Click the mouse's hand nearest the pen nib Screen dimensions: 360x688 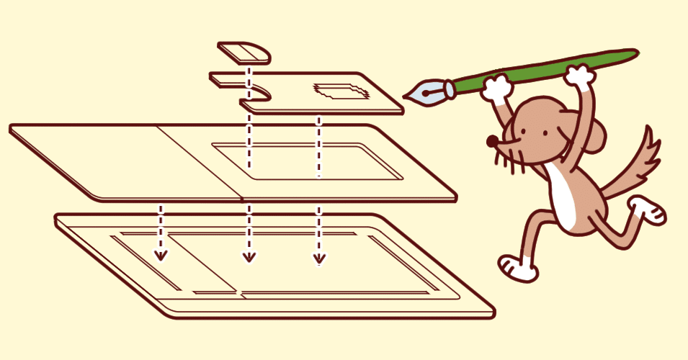click(496, 87)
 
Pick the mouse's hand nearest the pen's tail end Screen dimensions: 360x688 click(579, 75)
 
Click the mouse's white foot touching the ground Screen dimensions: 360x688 click(519, 267)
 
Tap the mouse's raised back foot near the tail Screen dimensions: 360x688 click(646, 210)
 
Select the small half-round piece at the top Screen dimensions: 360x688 click(244, 51)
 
